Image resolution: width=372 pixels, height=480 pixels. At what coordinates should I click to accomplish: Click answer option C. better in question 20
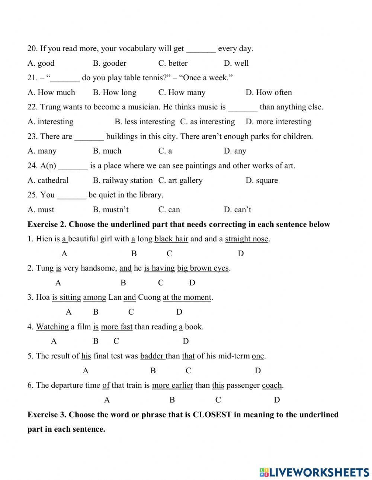click(x=173, y=63)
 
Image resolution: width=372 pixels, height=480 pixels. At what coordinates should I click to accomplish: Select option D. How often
click(x=269, y=93)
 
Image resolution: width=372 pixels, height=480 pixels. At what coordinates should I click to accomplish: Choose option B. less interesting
click(x=145, y=122)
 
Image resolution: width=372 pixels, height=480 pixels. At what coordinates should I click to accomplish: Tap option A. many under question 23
click(x=42, y=151)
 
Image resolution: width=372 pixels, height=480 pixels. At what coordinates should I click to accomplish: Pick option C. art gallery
click(x=180, y=181)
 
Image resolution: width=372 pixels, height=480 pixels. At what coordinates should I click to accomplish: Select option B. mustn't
click(x=110, y=210)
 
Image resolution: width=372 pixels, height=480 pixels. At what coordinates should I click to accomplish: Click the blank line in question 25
click(x=71, y=196)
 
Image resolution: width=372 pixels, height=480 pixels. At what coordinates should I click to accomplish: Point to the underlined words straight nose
click(x=247, y=239)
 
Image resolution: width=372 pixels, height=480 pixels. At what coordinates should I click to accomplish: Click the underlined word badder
click(x=152, y=356)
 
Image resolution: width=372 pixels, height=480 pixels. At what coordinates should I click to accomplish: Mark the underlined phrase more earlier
click(x=172, y=386)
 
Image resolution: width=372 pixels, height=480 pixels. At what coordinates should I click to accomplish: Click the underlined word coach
click(x=272, y=386)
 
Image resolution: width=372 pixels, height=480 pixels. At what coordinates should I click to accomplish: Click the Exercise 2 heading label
click(x=47, y=225)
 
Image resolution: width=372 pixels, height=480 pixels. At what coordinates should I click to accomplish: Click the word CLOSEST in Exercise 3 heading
click(x=212, y=415)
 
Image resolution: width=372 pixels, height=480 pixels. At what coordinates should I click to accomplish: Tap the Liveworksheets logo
click(x=314, y=472)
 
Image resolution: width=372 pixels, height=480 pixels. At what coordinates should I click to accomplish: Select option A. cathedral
click(x=48, y=181)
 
